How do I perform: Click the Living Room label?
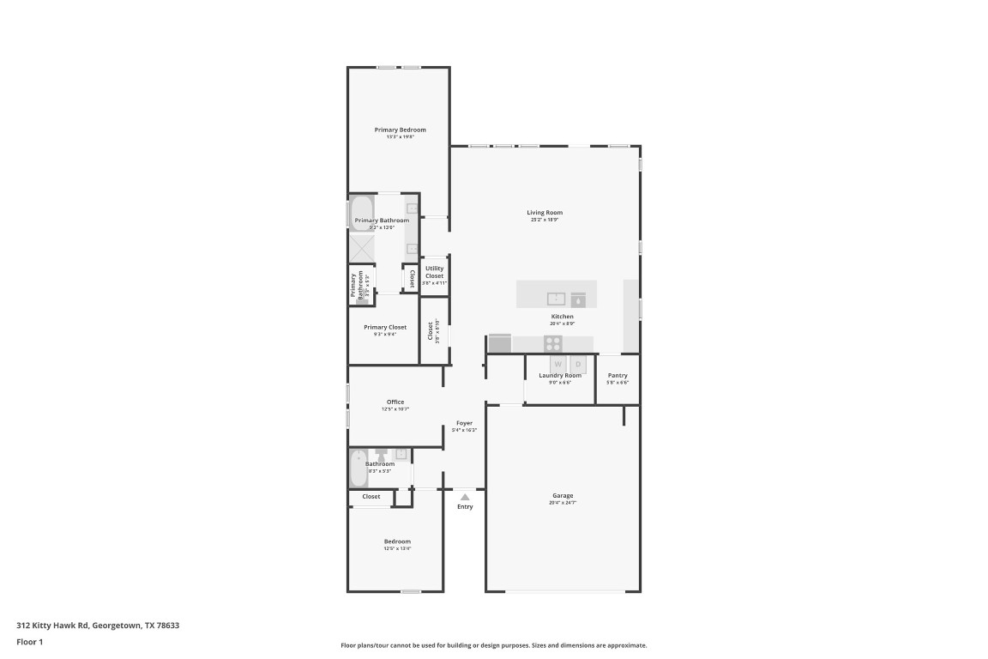coord(545,213)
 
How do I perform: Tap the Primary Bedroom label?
coord(400,130)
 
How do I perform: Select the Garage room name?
coord(562,496)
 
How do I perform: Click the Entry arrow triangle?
coord(464,497)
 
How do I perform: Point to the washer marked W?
coord(557,364)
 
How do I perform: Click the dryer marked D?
coord(578,364)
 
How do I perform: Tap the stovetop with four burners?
coord(553,343)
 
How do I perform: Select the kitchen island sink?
coord(557,299)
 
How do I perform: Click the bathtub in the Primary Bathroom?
coord(361,214)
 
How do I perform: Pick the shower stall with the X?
coord(361,248)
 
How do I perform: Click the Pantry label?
coord(617,375)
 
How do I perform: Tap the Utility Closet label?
coord(434,272)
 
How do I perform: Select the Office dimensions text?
coord(395,409)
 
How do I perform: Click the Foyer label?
coord(464,423)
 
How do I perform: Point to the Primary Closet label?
coord(385,327)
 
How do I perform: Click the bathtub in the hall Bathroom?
coord(358,469)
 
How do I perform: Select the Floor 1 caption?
coord(29,641)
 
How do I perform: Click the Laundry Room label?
coord(560,375)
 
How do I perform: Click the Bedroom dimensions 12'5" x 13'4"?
coord(397,548)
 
